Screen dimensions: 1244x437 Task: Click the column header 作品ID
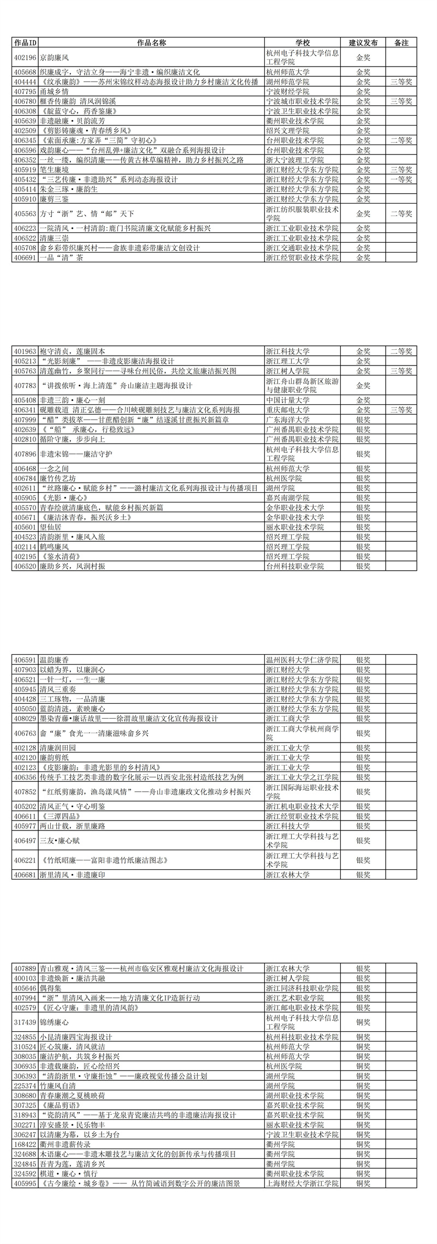click(25, 43)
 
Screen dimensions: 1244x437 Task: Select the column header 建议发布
click(363, 43)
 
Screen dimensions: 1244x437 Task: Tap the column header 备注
click(401, 43)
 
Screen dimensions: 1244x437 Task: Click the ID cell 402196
click(25, 57)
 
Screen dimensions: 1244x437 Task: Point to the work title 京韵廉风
click(55, 57)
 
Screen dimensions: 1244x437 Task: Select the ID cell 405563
click(25, 214)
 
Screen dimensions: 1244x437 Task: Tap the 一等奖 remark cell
click(401, 180)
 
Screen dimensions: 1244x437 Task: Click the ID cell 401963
click(25, 351)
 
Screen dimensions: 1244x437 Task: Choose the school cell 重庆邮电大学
click(287, 410)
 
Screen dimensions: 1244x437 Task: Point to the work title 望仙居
click(51, 527)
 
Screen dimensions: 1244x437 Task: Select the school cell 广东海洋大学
click(287, 420)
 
